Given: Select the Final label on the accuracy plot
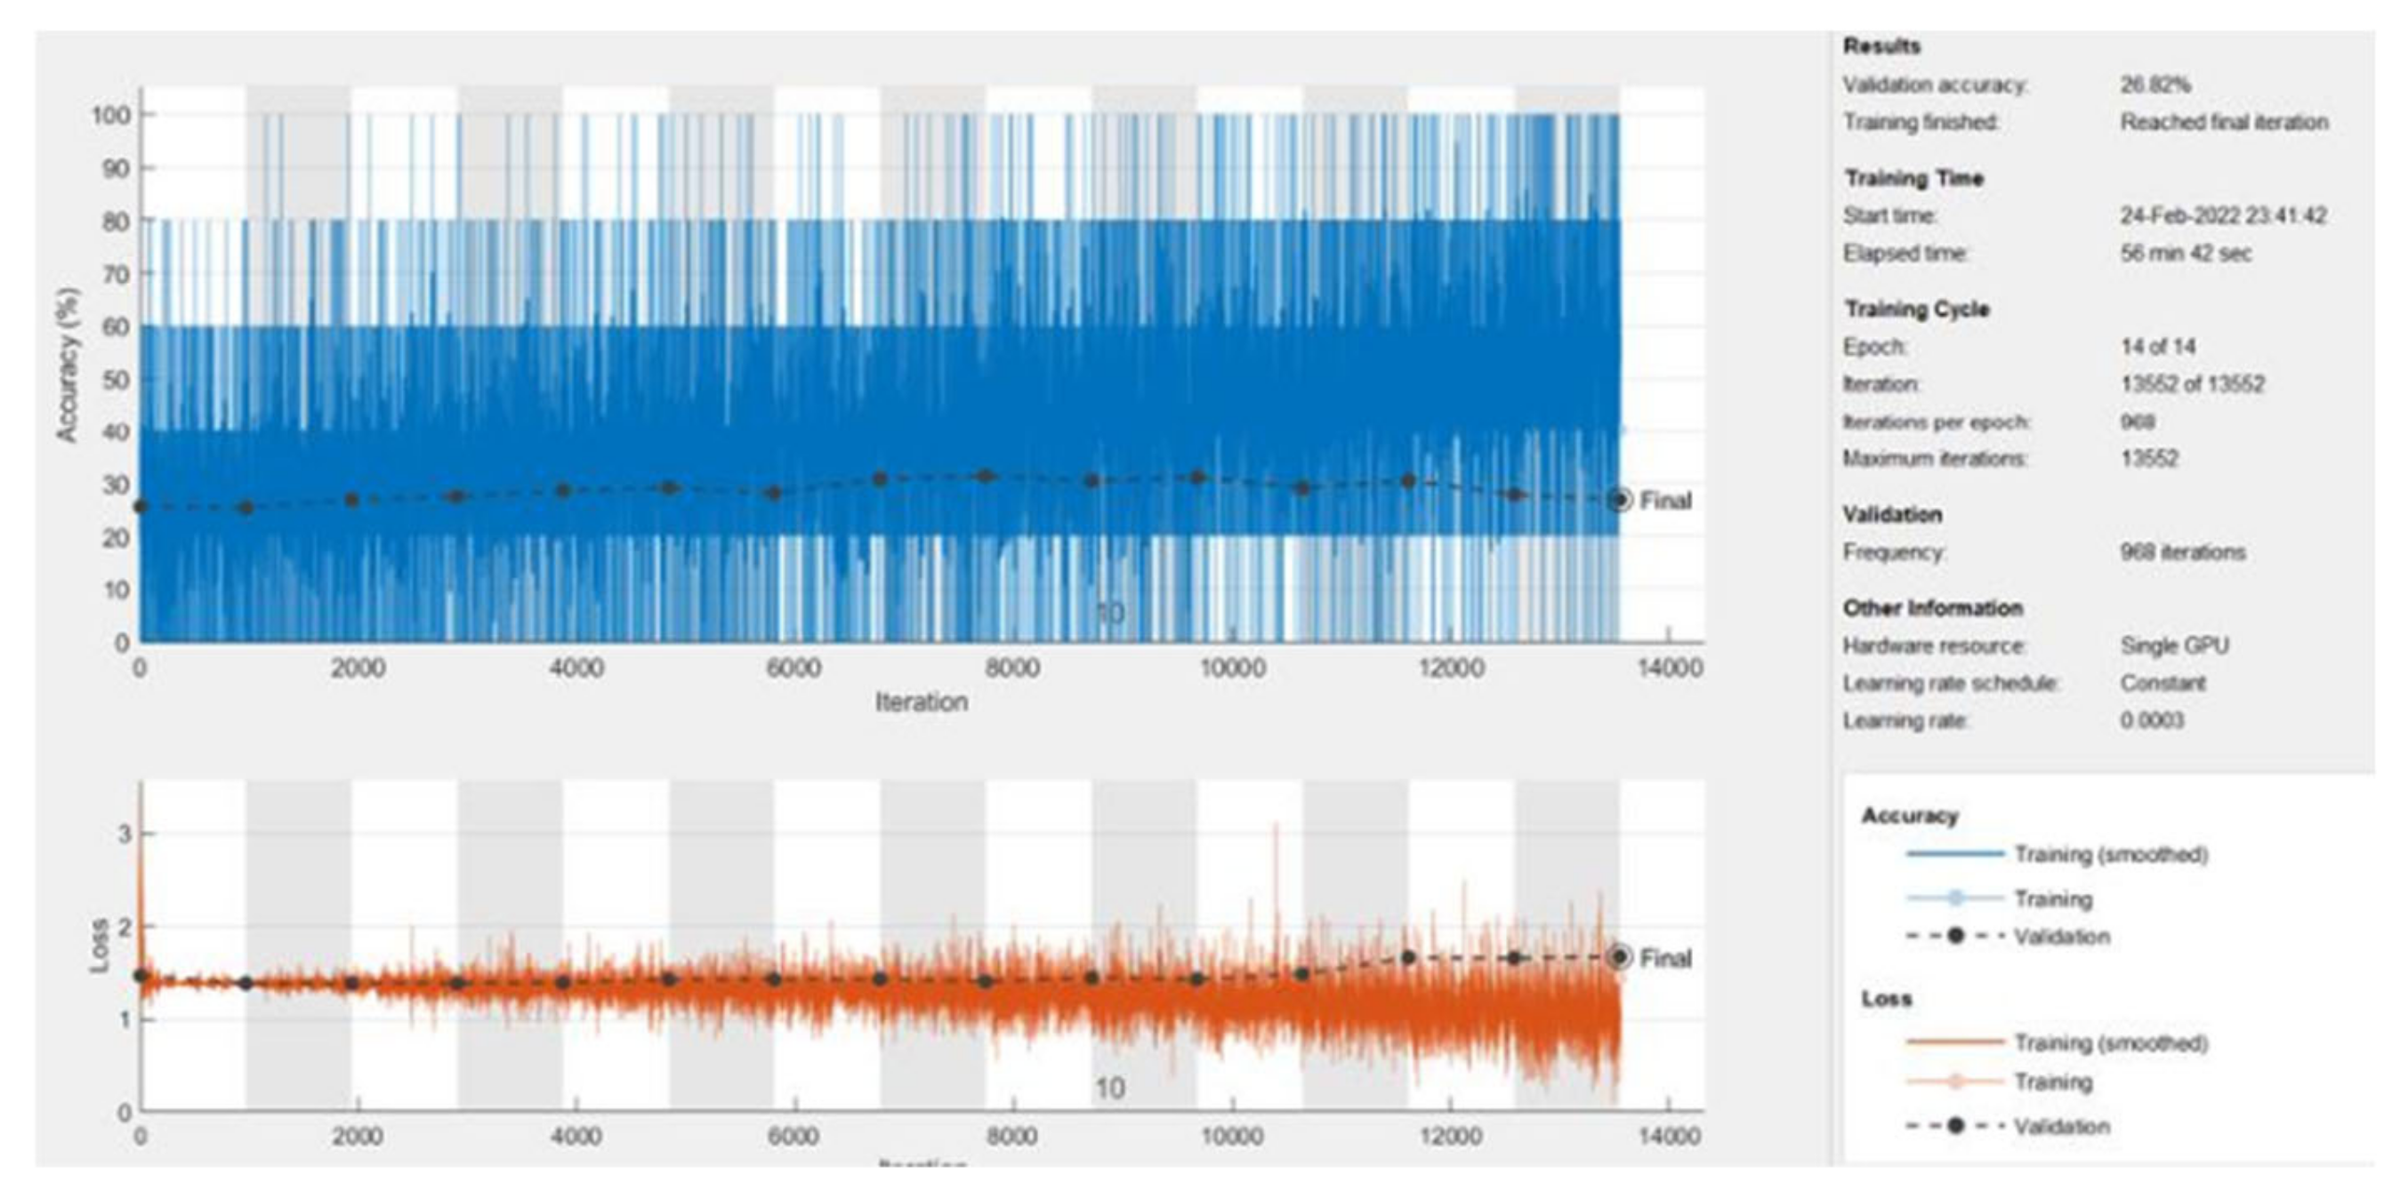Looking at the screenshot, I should [1665, 501].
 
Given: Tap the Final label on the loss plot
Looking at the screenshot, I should [1665, 958].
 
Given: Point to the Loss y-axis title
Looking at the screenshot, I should [99, 946].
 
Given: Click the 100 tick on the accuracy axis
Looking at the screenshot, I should [109, 116].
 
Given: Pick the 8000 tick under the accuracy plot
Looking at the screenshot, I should [1011, 668].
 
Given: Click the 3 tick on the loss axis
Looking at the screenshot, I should [124, 833].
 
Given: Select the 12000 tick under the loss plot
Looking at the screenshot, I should [1451, 1137].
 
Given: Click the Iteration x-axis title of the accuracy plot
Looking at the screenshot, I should [921, 703].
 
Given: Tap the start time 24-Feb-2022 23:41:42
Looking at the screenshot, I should [2223, 216].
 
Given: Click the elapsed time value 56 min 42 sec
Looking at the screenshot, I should [2186, 253].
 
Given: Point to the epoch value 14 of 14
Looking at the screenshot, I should [2158, 348].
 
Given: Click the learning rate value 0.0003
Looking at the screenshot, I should [2151, 720].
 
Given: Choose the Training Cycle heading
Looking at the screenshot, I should [1916, 310].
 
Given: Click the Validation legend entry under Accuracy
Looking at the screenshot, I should [2061, 937].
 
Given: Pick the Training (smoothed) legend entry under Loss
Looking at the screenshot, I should [2110, 1042].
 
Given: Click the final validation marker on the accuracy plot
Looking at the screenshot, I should [1619, 500].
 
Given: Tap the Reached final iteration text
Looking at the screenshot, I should [2224, 122].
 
